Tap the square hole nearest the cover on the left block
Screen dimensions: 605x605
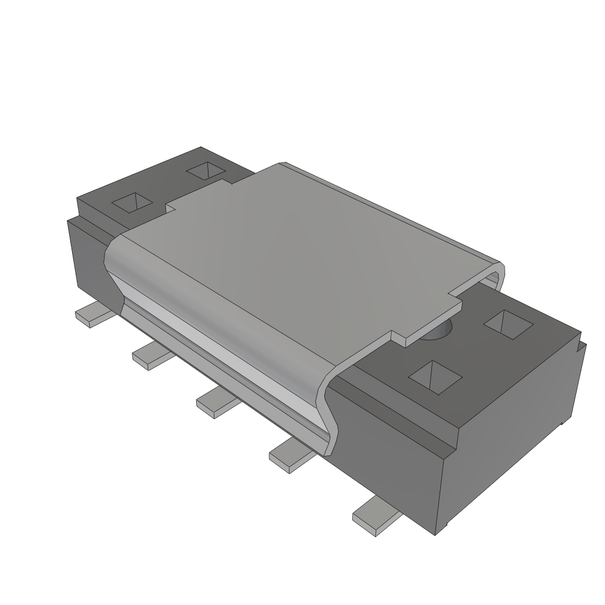tap(206, 171)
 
